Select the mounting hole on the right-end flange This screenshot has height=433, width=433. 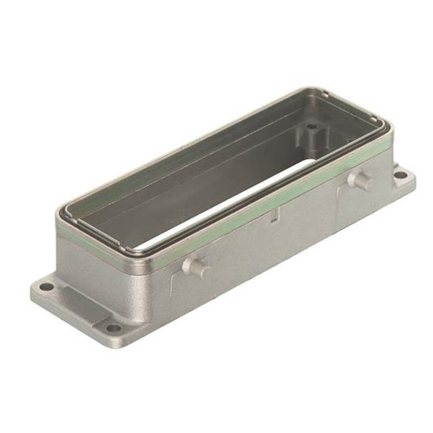pos(401,175)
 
